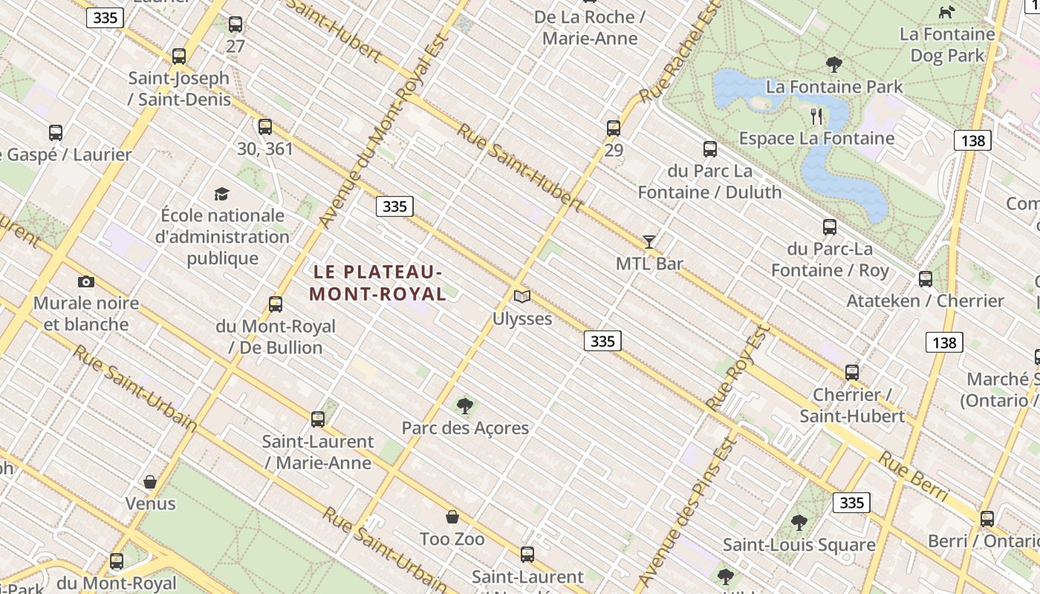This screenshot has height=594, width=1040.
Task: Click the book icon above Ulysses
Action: coord(522,297)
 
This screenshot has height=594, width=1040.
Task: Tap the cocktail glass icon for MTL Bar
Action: coord(649,241)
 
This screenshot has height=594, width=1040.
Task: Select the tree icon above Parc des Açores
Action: coord(465,406)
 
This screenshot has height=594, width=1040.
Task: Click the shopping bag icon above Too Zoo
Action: coord(452,517)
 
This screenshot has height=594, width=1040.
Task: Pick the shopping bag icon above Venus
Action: coord(150,482)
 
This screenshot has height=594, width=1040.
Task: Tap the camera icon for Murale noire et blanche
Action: coord(86,281)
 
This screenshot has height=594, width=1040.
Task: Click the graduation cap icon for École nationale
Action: coord(221,195)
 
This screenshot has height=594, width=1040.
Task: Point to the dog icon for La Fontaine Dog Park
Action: coord(946,12)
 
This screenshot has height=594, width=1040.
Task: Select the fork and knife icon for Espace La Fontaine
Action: coord(816,117)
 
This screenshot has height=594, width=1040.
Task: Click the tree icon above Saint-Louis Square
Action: coord(799,523)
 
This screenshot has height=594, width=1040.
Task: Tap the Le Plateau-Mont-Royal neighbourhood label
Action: coord(377,283)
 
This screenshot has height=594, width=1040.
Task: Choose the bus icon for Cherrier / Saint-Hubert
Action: coord(852,373)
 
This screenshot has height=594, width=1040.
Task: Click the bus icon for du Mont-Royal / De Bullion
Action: coord(276,304)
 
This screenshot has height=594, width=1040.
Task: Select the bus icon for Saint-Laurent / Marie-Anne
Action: coord(318,420)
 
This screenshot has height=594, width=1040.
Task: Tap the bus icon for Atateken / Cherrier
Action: coord(926,279)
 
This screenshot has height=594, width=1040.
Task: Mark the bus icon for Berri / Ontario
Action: coord(987,519)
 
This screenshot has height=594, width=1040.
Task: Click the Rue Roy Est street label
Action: coord(736,367)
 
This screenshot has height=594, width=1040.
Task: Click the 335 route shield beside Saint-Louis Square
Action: coord(851,503)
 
